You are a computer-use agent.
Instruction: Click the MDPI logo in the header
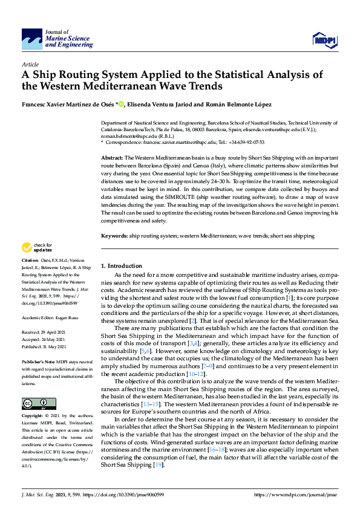[323, 40]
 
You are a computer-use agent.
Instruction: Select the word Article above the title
[30, 64]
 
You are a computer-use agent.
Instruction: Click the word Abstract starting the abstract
[112, 157]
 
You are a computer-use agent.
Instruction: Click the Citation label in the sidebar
[31, 261]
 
